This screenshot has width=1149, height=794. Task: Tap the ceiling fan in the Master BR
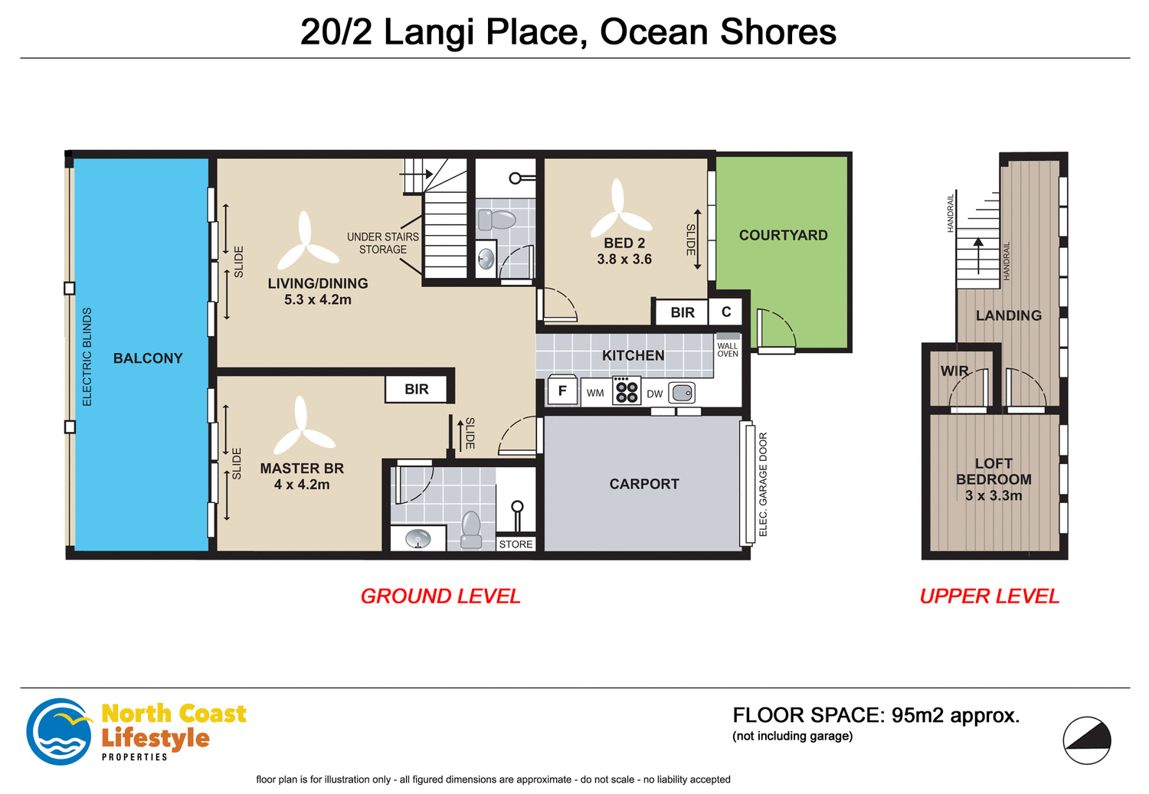coord(303,430)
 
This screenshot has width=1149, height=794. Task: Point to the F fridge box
coord(562,391)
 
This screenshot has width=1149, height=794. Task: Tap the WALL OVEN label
coord(728,350)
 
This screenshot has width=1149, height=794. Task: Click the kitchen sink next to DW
coord(682,394)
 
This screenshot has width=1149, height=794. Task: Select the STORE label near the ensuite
coord(516,544)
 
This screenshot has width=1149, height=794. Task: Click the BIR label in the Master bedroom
coord(417,389)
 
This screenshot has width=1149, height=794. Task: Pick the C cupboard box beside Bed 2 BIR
coord(726,312)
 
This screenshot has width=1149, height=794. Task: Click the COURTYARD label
coord(783,235)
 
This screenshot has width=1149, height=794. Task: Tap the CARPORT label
coord(644,484)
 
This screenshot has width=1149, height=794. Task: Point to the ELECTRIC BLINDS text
coord(87,357)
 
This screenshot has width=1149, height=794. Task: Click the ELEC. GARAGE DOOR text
coord(763,484)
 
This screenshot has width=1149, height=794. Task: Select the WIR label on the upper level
coord(954,371)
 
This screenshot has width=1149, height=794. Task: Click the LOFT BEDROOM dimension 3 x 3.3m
coord(994,495)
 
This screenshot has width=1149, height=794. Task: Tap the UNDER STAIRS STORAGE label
coord(383,243)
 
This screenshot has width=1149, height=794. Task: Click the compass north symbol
coord(1087,740)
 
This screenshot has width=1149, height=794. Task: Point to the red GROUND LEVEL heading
coord(440,596)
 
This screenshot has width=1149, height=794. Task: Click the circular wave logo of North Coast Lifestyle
coord(59,731)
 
